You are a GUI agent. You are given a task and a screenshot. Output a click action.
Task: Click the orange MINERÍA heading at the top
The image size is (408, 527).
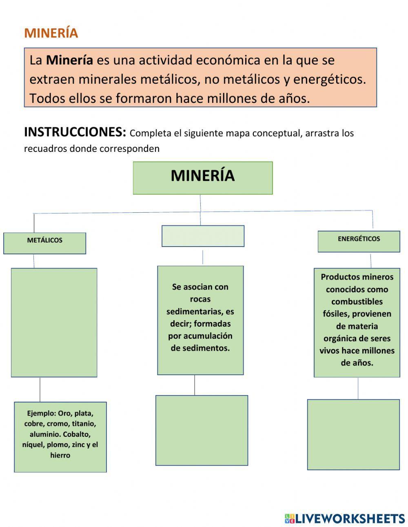51,33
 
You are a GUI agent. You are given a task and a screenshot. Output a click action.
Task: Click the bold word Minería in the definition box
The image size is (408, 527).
69,60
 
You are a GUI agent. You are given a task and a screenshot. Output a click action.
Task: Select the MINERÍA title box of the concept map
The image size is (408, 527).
203,178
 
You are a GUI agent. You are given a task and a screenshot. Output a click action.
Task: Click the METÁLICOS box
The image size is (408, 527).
45,243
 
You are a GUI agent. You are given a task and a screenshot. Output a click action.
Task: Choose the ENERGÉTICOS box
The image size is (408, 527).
359,241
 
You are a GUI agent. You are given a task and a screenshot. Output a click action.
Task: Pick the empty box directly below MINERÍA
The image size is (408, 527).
203,236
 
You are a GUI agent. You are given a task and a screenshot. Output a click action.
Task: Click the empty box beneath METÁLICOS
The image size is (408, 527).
54,322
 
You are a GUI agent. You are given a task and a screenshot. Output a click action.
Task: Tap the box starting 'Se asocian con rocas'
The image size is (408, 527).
200,320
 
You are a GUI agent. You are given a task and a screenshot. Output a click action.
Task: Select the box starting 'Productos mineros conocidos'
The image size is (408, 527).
357,322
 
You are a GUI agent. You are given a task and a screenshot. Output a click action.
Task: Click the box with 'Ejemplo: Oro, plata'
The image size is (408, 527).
60,437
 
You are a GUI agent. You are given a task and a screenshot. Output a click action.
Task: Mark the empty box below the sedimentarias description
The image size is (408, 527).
202,430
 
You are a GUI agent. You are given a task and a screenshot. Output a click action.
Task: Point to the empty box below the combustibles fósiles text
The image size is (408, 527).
353,434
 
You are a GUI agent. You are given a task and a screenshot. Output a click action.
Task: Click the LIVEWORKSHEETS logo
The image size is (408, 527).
345,518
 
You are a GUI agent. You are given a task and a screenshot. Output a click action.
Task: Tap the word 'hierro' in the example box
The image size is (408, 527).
60,455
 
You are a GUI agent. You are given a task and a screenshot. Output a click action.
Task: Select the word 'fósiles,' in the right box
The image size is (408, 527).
336,314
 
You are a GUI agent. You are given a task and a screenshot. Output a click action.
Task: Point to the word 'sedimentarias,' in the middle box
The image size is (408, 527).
200,311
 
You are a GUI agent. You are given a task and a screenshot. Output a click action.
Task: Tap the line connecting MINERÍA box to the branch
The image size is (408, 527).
200,203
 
